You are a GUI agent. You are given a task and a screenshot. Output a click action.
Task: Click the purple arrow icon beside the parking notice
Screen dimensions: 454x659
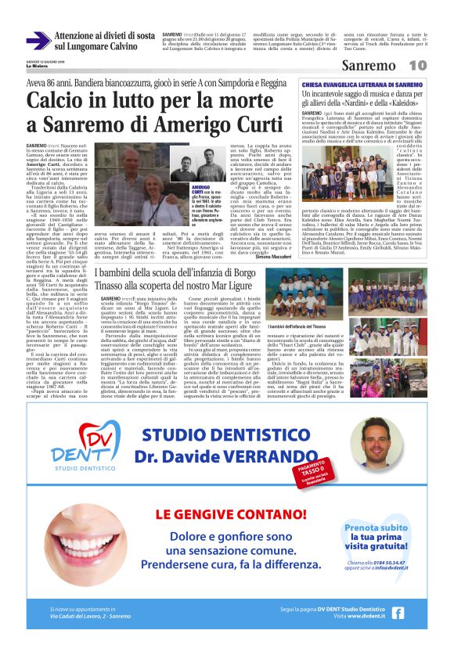pyautogui.click(x=38, y=41)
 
